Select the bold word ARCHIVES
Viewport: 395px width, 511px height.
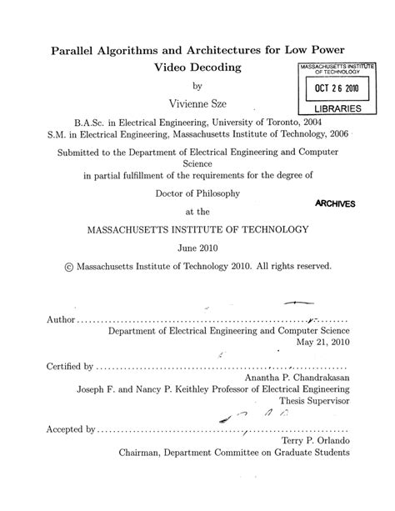point(336,204)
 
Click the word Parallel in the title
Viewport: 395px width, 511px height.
point(91,48)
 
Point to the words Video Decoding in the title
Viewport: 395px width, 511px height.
point(197,66)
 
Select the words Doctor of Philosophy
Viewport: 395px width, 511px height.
point(197,193)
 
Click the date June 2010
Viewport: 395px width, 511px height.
point(197,248)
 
